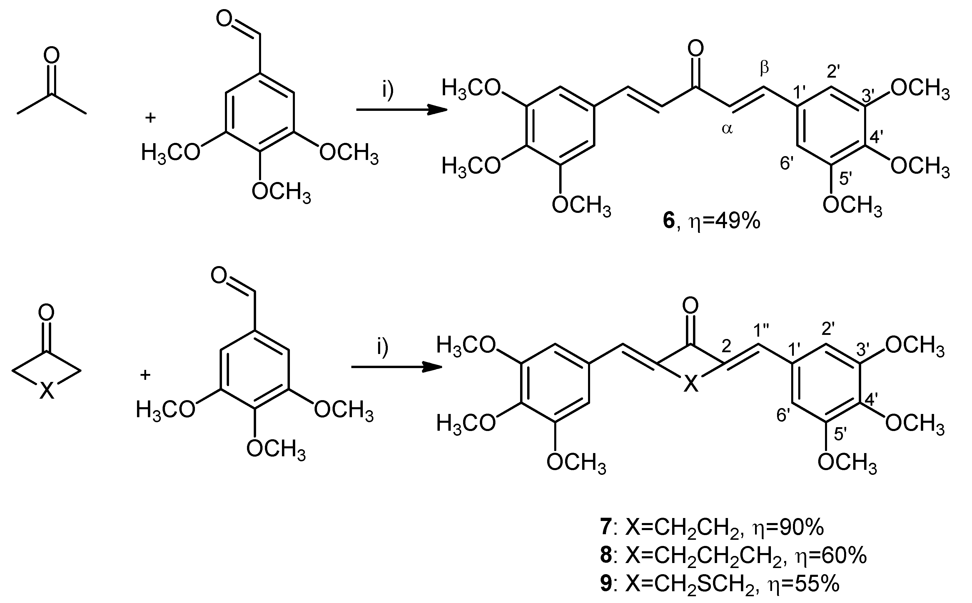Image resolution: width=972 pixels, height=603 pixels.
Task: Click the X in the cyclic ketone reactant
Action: coord(47,391)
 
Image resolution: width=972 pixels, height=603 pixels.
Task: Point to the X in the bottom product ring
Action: coord(691,385)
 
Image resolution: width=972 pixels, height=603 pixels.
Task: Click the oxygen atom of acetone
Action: coord(51,56)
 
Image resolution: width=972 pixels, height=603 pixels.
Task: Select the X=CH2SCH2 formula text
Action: coord(690,584)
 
